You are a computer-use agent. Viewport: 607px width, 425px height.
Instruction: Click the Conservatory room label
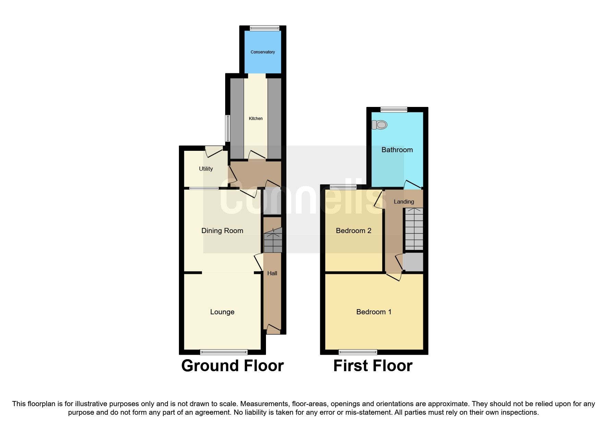coord(263,52)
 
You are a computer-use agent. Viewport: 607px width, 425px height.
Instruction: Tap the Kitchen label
coord(256,119)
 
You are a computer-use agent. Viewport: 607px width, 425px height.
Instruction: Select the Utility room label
coord(206,169)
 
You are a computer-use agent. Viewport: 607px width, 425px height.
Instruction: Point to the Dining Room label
coord(222,231)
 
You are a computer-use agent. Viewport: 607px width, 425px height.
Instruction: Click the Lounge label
coord(222,312)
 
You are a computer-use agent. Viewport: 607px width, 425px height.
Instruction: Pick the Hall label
coord(272,273)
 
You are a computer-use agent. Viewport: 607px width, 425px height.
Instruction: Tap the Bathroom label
coord(397,150)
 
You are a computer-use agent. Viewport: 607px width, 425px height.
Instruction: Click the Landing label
coord(404,202)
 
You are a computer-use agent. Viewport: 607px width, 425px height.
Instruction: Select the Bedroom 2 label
coord(353,231)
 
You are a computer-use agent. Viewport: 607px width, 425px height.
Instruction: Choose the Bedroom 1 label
coord(374,312)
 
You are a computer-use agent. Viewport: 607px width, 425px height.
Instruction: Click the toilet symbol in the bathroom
coord(379,125)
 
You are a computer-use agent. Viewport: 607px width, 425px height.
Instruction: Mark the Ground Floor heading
coord(232,366)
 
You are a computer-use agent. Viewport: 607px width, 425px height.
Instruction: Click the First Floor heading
coord(373,366)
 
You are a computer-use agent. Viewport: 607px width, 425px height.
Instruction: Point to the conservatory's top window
coord(264,28)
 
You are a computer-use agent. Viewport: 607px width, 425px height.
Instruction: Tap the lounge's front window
coord(224,352)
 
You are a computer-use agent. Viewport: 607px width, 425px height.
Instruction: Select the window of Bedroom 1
coord(358,352)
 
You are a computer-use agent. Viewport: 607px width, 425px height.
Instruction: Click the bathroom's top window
coord(394,110)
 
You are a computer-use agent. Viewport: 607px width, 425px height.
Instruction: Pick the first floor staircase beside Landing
coord(414,229)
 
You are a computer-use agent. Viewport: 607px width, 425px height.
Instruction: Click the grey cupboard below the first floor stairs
coord(413,262)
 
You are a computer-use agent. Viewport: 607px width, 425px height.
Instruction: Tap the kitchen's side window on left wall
coord(227,128)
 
